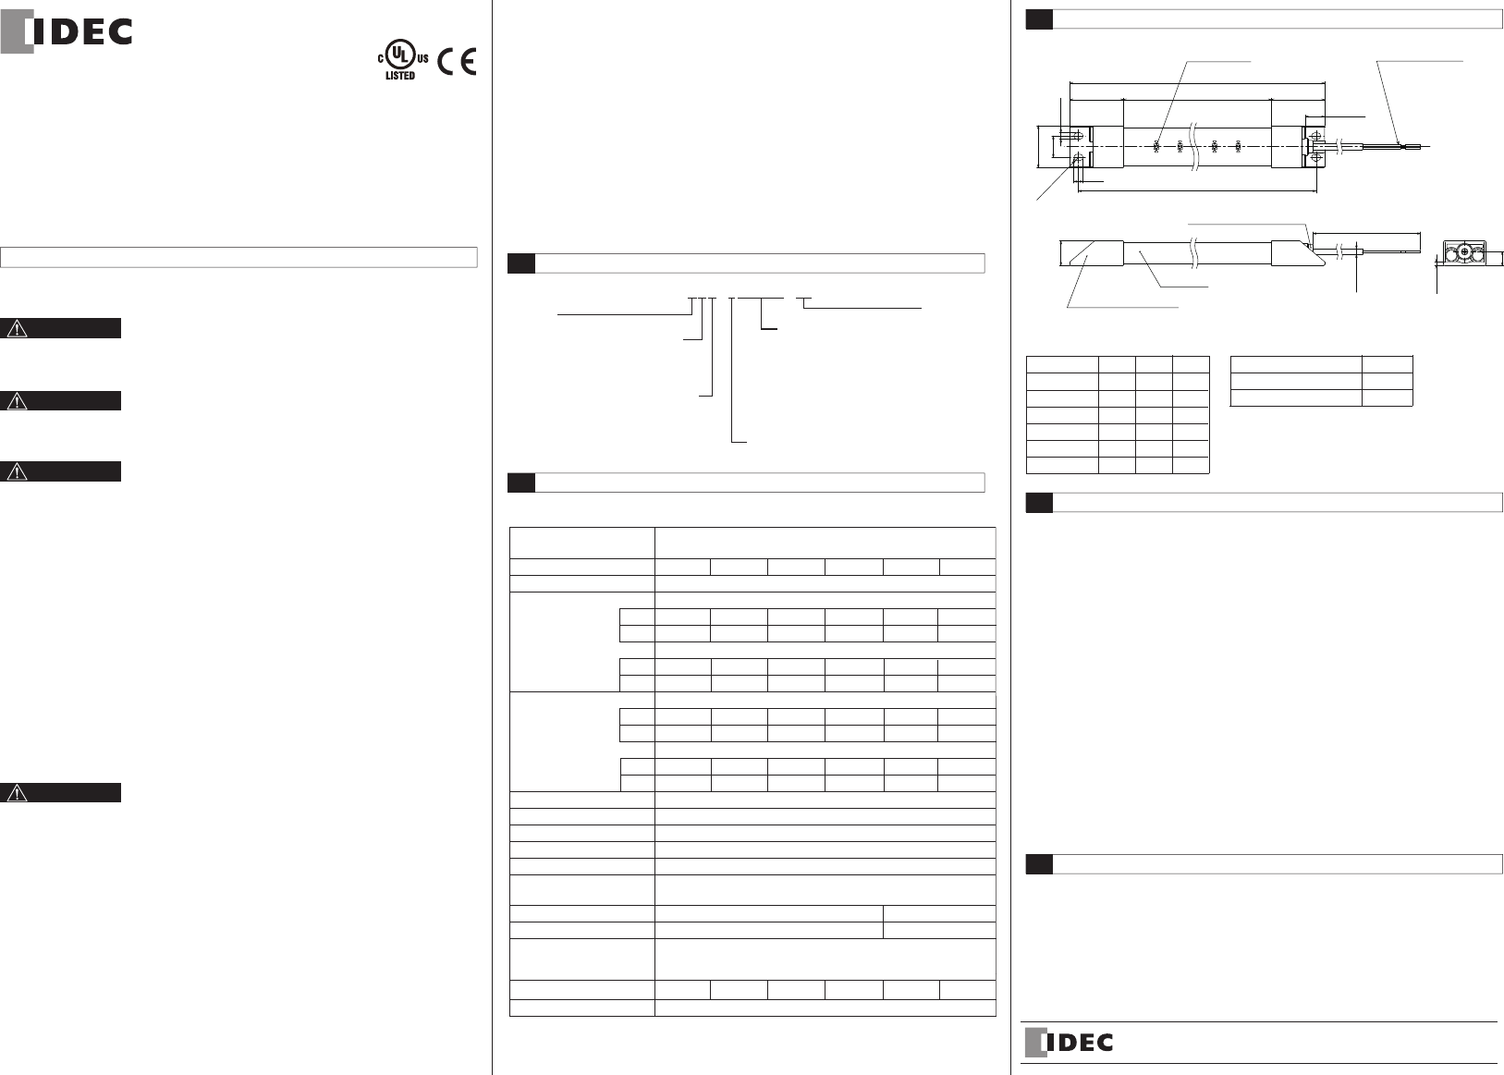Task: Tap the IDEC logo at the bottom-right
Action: tap(1069, 1043)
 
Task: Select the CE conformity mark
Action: tap(457, 61)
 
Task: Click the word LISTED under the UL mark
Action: tap(400, 76)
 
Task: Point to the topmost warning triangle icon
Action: tap(18, 328)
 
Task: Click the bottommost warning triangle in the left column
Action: tap(18, 792)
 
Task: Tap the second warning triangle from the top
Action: tap(18, 400)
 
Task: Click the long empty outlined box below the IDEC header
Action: tap(238, 256)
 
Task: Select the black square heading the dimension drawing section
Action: tap(1039, 19)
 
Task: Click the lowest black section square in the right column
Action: tap(1039, 863)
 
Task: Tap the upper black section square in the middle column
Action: tap(521, 263)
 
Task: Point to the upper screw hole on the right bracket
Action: tap(1314, 135)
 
